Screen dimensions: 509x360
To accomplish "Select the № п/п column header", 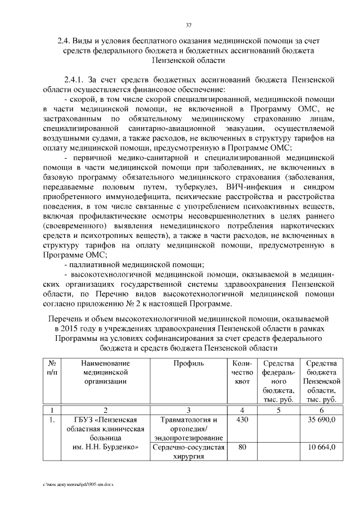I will [x=52, y=368].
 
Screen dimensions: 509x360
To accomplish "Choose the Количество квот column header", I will [x=242, y=373].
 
